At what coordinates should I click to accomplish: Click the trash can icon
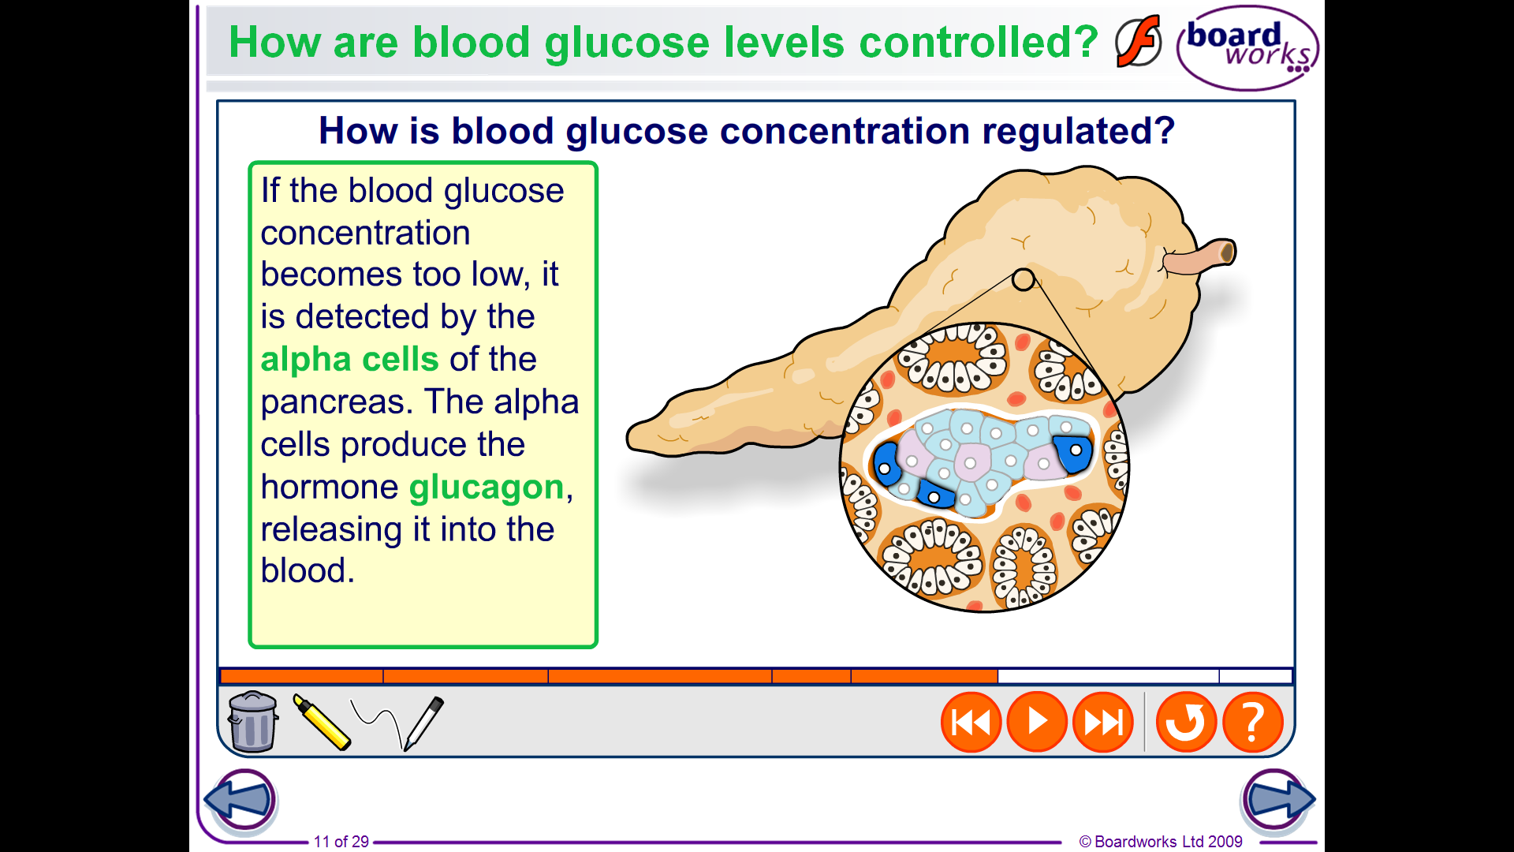pyautogui.click(x=252, y=721)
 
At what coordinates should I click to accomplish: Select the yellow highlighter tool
pyautogui.click(x=321, y=722)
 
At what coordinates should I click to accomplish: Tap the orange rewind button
pyautogui.click(x=971, y=722)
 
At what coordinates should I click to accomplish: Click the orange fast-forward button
pyautogui.click(x=1103, y=722)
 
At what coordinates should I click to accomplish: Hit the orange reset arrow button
pyautogui.click(x=1186, y=722)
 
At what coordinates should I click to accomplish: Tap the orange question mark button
pyautogui.click(x=1253, y=722)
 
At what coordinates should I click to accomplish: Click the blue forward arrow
pyautogui.click(x=1278, y=800)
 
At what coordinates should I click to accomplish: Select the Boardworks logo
pyautogui.click(x=1247, y=47)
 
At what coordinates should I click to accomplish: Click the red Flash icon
pyautogui.click(x=1139, y=41)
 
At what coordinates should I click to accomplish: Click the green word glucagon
pyautogui.click(x=487, y=488)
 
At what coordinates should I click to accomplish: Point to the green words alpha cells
pyautogui.click(x=349, y=360)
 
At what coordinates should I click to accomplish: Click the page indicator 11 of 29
pyautogui.click(x=341, y=842)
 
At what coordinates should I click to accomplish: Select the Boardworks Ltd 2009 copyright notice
pyautogui.click(x=1161, y=842)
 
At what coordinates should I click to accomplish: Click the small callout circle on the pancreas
pyautogui.click(x=1023, y=279)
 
